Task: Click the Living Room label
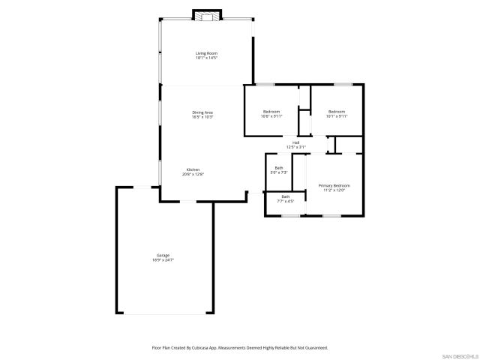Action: [x=206, y=53]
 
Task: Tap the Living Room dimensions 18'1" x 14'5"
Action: [x=206, y=58]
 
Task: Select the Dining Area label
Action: [x=202, y=112]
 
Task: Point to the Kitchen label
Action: [x=193, y=169]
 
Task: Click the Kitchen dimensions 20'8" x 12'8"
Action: [x=193, y=174]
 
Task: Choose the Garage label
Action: [x=163, y=256]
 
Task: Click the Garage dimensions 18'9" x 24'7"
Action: [x=163, y=260]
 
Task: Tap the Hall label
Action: [x=296, y=142]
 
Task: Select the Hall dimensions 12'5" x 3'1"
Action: [x=296, y=147]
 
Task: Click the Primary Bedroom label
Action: [x=334, y=185]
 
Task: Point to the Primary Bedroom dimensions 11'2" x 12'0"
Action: [x=334, y=190]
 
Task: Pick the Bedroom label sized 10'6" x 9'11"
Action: [x=271, y=112]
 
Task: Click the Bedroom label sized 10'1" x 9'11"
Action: [x=335, y=112]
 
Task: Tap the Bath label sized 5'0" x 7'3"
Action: [x=279, y=168]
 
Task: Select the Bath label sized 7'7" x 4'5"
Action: [x=286, y=196]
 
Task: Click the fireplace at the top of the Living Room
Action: [x=208, y=14]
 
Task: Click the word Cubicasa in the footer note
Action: [x=203, y=348]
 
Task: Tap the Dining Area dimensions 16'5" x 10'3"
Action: [x=202, y=117]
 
